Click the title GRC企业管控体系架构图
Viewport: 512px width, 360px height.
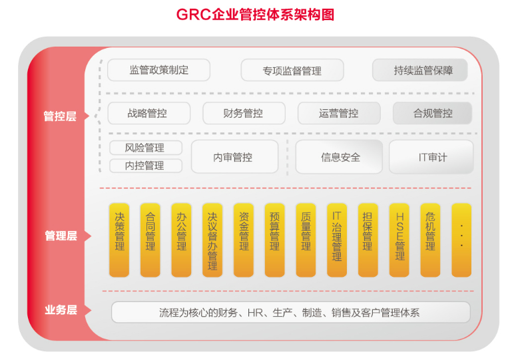(x=255, y=15)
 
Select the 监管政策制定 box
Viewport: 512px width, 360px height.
(x=158, y=70)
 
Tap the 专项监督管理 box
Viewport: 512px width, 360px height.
(x=292, y=71)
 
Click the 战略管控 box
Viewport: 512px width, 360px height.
(x=148, y=113)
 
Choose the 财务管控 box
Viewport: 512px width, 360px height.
(x=243, y=113)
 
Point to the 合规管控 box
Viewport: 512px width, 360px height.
(x=433, y=113)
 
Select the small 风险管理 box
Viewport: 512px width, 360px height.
(x=145, y=148)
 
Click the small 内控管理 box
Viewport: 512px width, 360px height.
(x=145, y=166)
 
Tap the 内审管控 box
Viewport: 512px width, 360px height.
(x=233, y=157)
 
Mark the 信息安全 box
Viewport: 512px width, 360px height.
(x=339, y=157)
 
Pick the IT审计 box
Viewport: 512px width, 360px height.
(x=432, y=157)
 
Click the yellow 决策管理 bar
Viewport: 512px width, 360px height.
(x=120, y=240)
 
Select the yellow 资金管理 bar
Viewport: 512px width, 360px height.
(x=244, y=240)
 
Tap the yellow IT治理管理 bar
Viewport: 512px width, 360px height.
(x=337, y=240)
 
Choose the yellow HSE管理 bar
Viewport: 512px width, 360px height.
(x=399, y=240)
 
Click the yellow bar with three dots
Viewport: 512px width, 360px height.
(x=461, y=240)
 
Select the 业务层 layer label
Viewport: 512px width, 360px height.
(x=61, y=310)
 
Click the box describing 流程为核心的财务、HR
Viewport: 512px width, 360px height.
(x=290, y=312)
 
